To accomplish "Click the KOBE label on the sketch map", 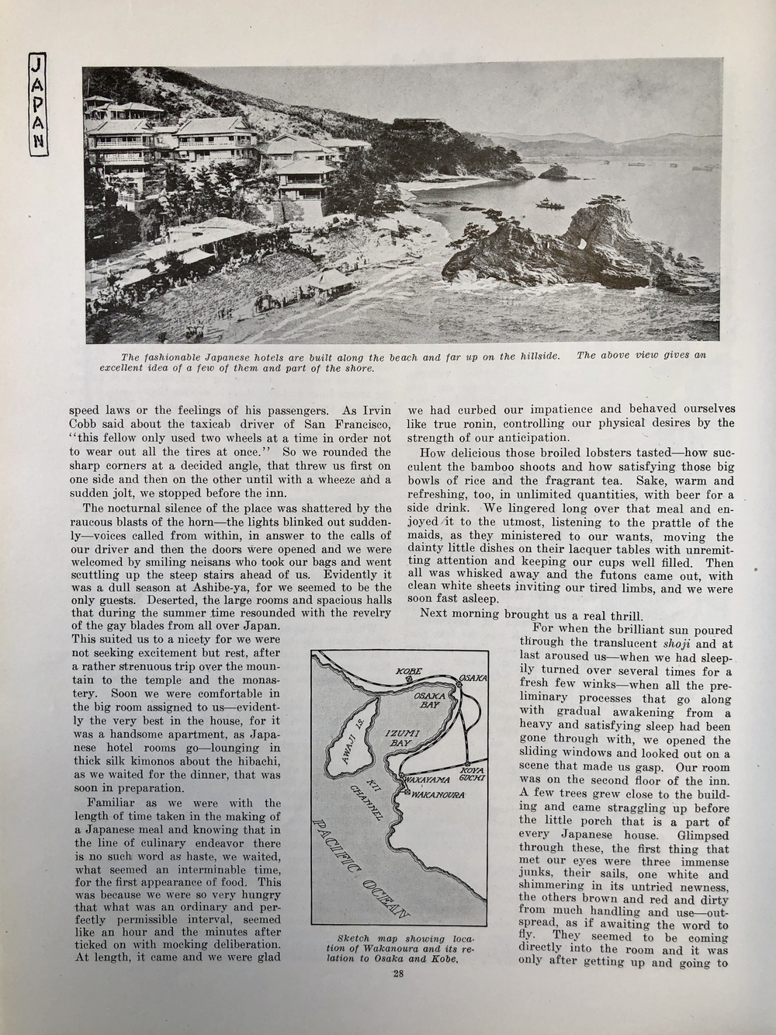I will click(x=408, y=671).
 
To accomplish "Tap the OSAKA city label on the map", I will click(x=473, y=679).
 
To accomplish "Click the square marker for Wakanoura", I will click(x=405, y=792).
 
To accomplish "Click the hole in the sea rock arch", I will click(x=583, y=244).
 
